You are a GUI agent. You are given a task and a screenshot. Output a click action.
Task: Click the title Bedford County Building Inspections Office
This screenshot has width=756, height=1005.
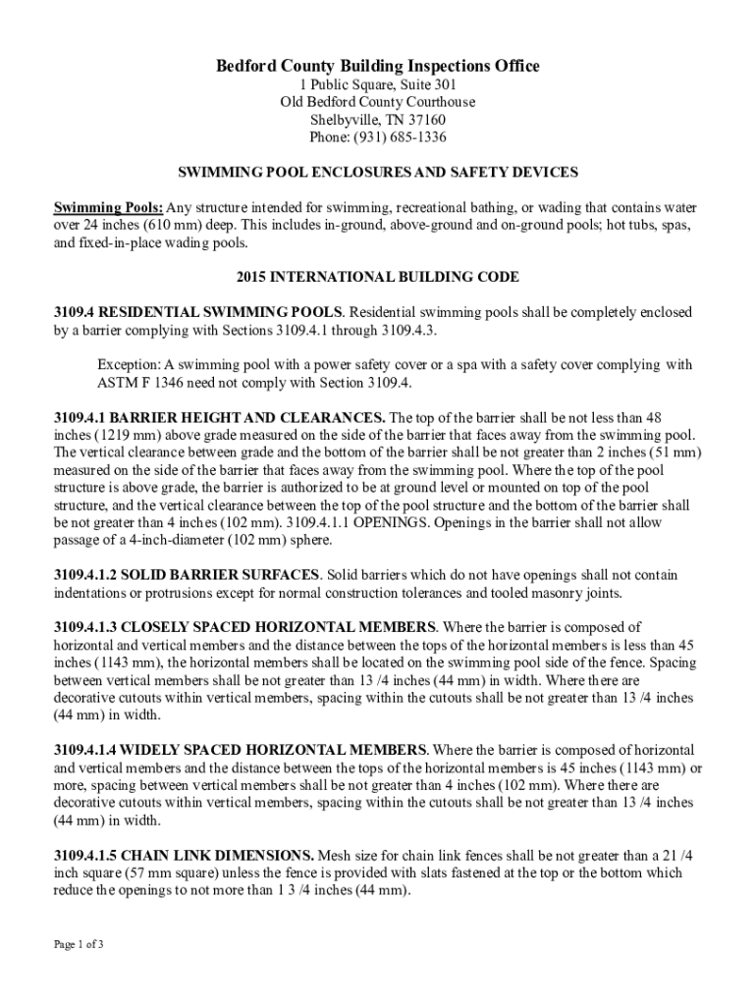[x=378, y=66]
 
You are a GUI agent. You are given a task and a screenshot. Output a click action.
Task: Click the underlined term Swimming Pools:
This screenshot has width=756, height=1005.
[x=107, y=208]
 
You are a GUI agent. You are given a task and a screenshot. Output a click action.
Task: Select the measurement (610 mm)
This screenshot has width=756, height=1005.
[x=154, y=225]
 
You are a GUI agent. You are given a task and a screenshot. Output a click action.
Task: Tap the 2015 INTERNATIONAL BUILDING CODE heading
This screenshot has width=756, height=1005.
[x=378, y=277]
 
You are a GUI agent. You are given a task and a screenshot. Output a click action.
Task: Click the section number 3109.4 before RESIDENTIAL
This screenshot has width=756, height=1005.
[x=74, y=312]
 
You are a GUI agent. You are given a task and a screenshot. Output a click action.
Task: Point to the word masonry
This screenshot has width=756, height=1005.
[x=531, y=592]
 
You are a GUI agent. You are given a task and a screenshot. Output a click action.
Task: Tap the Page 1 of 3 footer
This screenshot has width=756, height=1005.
[x=79, y=944]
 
